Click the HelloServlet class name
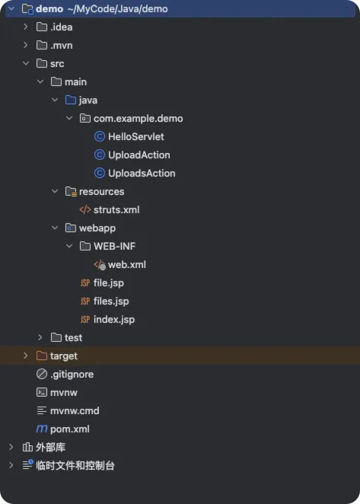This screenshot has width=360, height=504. pyautogui.click(x=136, y=136)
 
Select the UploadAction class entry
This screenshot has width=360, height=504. pyautogui.click(x=139, y=155)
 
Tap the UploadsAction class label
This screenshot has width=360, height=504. pyautogui.click(x=142, y=174)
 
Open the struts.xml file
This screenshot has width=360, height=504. pyautogui.click(x=116, y=210)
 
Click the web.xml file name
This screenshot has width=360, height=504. pyautogui.click(x=127, y=264)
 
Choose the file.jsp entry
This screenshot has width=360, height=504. pyautogui.click(x=109, y=283)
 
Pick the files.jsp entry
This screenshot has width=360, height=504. pyautogui.click(x=111, y=301)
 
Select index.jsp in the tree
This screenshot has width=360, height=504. pyautogui.click(x=114, y=320)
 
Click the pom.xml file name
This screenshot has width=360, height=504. pyautogui.click(x=70, y=429)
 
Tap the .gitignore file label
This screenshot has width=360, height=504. pyautogui.click(x=72, y=374)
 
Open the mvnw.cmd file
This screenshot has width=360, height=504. pyautogui.click(x=75, y=411)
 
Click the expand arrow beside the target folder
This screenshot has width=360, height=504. pyautogui.click(x=26, y=356)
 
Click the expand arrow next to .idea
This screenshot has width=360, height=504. pyautogui.click(x=26, y=27)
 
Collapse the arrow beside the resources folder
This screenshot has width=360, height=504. pyautogui.click(x=55, y=191)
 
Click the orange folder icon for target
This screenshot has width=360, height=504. pyautogui.click(x=42, y=356)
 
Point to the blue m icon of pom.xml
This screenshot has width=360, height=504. pyautogui.click(x=42, y=429)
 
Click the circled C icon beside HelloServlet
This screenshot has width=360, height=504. pyautogui.click(x=100, y=136)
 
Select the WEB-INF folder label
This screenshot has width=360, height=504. pyautogui.click(x=114, y=246)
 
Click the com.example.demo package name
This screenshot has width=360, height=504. pyautogui.click(x=139, y=119)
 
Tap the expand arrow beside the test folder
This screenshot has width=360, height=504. pyautogui.click(x=40, y=337)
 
